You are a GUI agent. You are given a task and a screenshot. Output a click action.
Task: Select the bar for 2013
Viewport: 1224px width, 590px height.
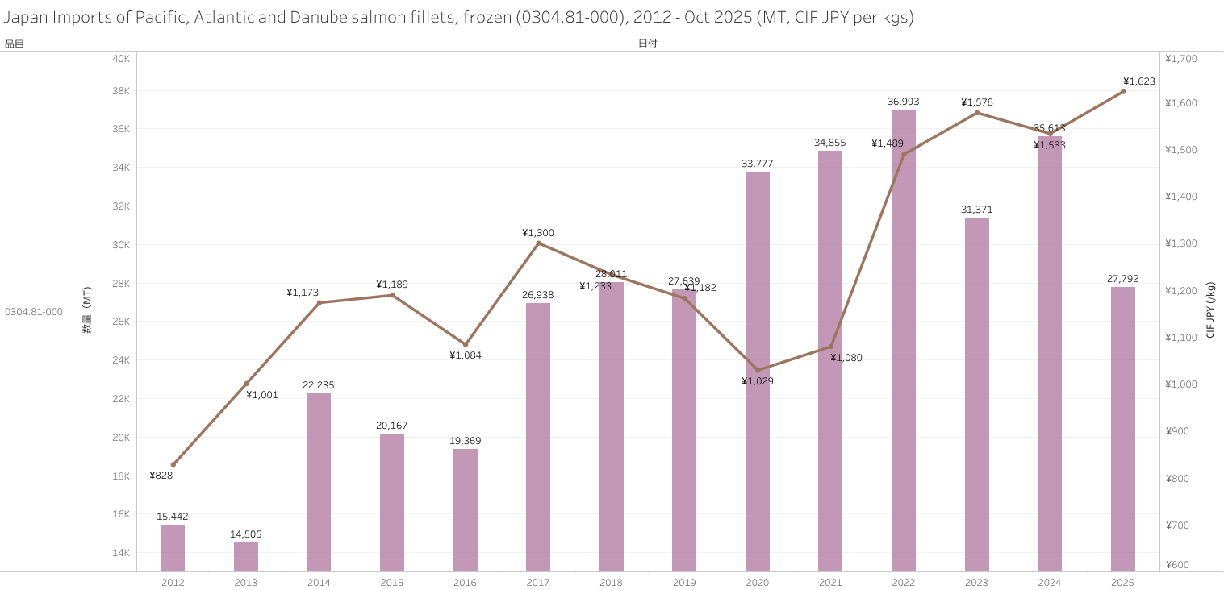pos(246,557)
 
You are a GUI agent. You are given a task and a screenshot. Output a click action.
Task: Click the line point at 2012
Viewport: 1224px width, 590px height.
pos(173,464)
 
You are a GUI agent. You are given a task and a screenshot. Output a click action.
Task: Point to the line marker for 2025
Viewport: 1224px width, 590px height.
pos(1122,92)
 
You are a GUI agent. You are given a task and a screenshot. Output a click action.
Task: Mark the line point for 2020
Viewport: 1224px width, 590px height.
pos(758,370)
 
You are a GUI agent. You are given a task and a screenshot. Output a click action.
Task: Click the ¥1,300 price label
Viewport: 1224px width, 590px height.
pos(538,233)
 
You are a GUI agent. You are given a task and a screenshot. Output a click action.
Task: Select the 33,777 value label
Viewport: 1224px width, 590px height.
pos(757,164)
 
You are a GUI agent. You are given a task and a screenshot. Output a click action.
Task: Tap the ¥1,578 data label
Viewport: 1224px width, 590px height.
pos(976,102)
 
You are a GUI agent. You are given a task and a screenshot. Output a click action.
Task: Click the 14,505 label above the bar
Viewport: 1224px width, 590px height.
pos(246,534)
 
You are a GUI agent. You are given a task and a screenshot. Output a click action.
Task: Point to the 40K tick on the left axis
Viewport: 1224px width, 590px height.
pos(121,59)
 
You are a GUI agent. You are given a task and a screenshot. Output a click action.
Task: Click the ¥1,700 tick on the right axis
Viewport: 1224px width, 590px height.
pos(1182,59)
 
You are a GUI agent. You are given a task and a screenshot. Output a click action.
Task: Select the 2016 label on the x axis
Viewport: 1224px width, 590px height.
pos(465,582)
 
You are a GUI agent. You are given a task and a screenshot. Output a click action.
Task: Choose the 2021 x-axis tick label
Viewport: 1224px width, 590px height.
pos(830,582)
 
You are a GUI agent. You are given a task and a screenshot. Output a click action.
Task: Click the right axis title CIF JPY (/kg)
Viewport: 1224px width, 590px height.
pos(1210,310)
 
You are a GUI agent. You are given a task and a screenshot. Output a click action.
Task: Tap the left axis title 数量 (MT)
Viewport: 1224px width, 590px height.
pos(87,310)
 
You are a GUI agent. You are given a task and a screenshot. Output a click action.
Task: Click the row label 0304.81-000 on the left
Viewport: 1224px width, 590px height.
pos(34,312)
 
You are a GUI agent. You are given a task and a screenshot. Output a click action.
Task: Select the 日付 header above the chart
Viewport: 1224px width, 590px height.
pos(647,44)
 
